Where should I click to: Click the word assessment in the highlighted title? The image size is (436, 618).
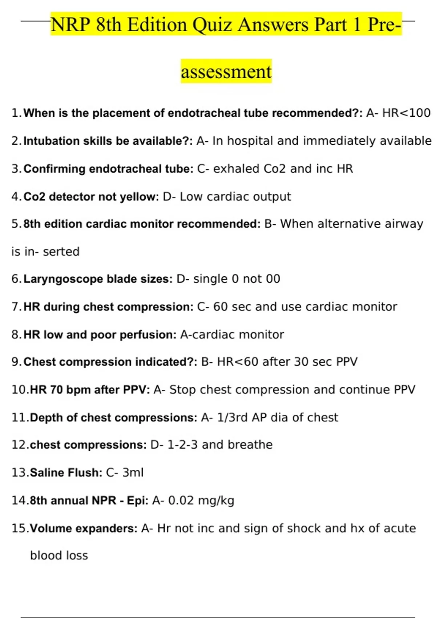pos(226,72)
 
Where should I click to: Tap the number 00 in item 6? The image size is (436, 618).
pos(273,279)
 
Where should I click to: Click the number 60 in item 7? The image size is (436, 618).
pos(220,307)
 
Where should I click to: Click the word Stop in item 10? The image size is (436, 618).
pos(183,390)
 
